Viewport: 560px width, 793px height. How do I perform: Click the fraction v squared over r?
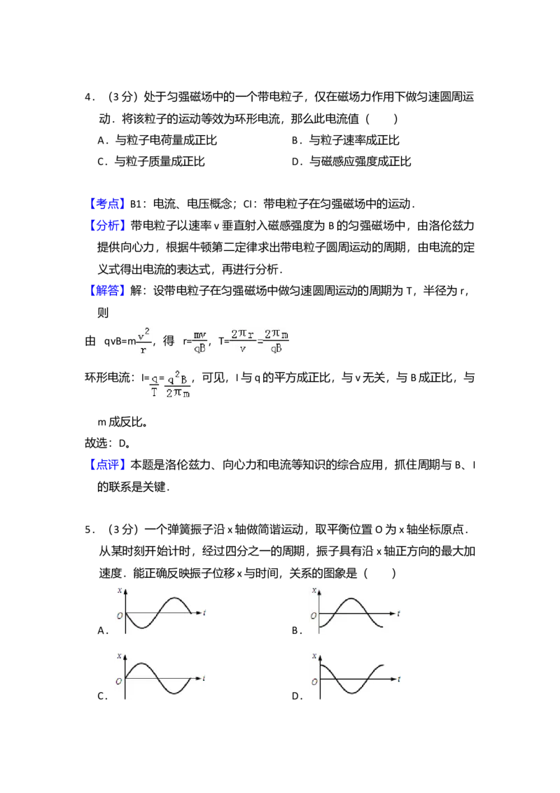(x=146, y=342)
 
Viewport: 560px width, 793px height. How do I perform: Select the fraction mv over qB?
(x=200, y=342)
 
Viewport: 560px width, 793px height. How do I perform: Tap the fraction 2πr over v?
(x=242, y=341)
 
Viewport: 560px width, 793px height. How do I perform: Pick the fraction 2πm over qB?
(x=276, y=341)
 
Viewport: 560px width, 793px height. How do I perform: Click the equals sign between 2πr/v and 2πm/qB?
(x=260, y=342)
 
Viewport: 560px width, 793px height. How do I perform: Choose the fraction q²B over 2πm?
(x=178, y=384)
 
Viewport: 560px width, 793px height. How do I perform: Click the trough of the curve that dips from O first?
(x=141, y=628)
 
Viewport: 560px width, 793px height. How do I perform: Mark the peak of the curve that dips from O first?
(x=174, y=598)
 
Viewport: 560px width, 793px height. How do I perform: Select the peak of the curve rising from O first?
(x=141, y=663)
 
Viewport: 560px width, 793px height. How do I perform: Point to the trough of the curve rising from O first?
(x=174, y=694)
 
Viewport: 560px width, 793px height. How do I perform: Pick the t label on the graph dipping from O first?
(x=204, y=613)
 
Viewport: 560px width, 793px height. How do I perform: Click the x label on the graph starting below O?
(x=314, y=590)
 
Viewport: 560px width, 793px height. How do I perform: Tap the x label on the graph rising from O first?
(x=120, y=656)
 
